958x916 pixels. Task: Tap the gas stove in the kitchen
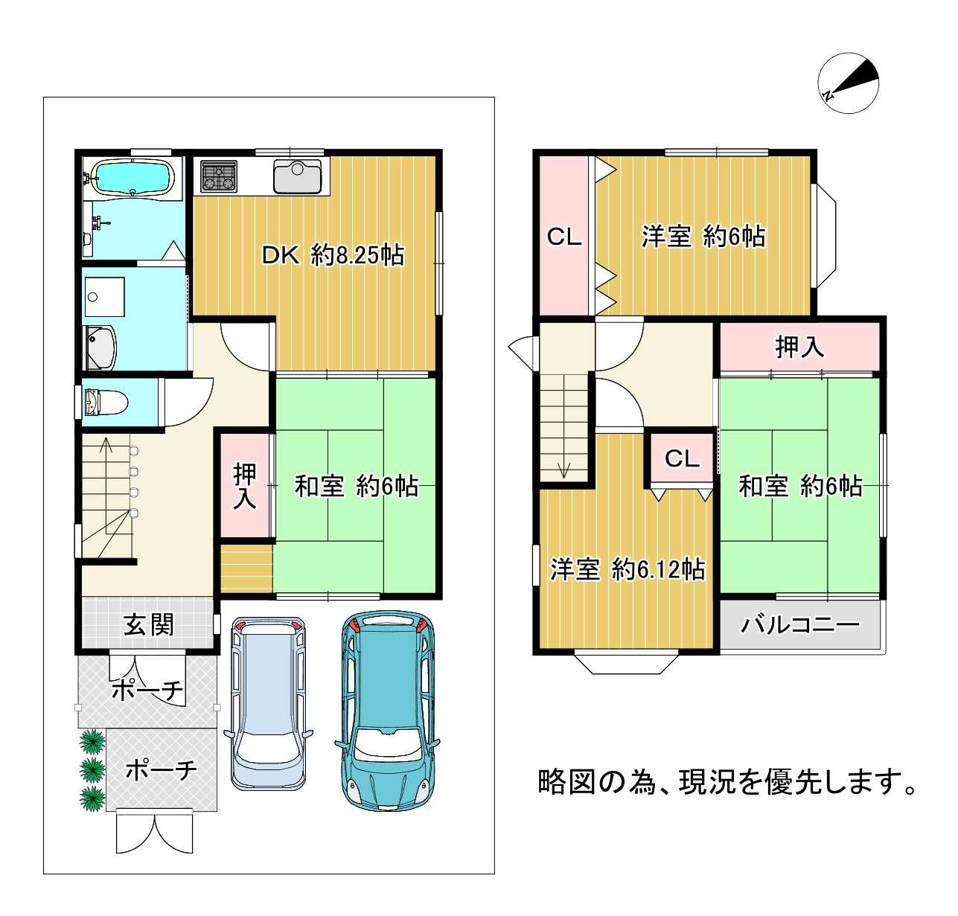pos(219,176)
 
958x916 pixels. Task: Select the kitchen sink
pos(297,176)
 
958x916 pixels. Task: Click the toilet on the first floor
pos(106,402)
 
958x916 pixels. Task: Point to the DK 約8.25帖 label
pos(333,255)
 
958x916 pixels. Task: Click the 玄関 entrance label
pos(149,624)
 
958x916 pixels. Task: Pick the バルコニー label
pos(800,625)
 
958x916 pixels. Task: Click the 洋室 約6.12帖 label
pos(628,569)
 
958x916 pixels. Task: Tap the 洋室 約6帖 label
pos(703,237)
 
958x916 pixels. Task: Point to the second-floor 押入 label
pos(799,347)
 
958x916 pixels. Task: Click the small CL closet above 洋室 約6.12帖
pos(682,458)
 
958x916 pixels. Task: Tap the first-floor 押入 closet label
pos(245,485)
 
